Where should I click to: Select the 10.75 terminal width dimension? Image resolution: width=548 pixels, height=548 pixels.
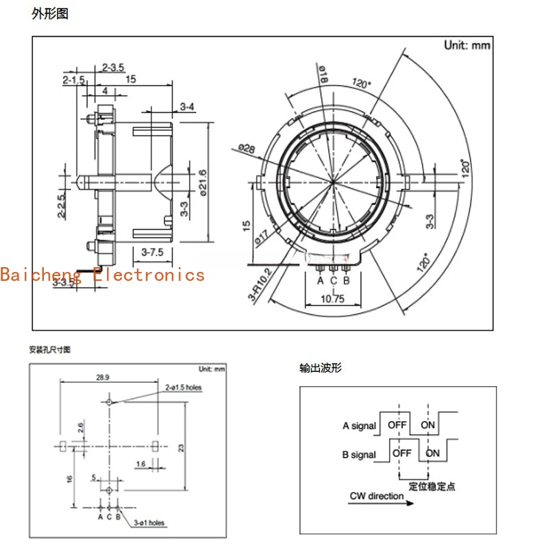333,299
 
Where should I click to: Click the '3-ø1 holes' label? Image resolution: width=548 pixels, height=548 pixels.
150,523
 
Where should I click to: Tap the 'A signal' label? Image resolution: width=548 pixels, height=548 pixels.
360,426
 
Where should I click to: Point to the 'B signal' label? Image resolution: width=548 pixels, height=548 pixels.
359,454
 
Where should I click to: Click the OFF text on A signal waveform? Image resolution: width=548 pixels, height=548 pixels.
397,425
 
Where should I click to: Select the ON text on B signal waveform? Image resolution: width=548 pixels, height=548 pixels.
433,453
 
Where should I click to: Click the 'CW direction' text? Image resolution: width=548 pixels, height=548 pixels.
377,496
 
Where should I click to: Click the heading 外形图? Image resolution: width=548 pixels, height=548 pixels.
50,13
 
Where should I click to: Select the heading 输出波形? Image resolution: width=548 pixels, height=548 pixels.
320,368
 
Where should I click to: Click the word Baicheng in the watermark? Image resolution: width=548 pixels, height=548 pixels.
40,275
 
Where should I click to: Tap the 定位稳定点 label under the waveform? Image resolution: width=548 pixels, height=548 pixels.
432,486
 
